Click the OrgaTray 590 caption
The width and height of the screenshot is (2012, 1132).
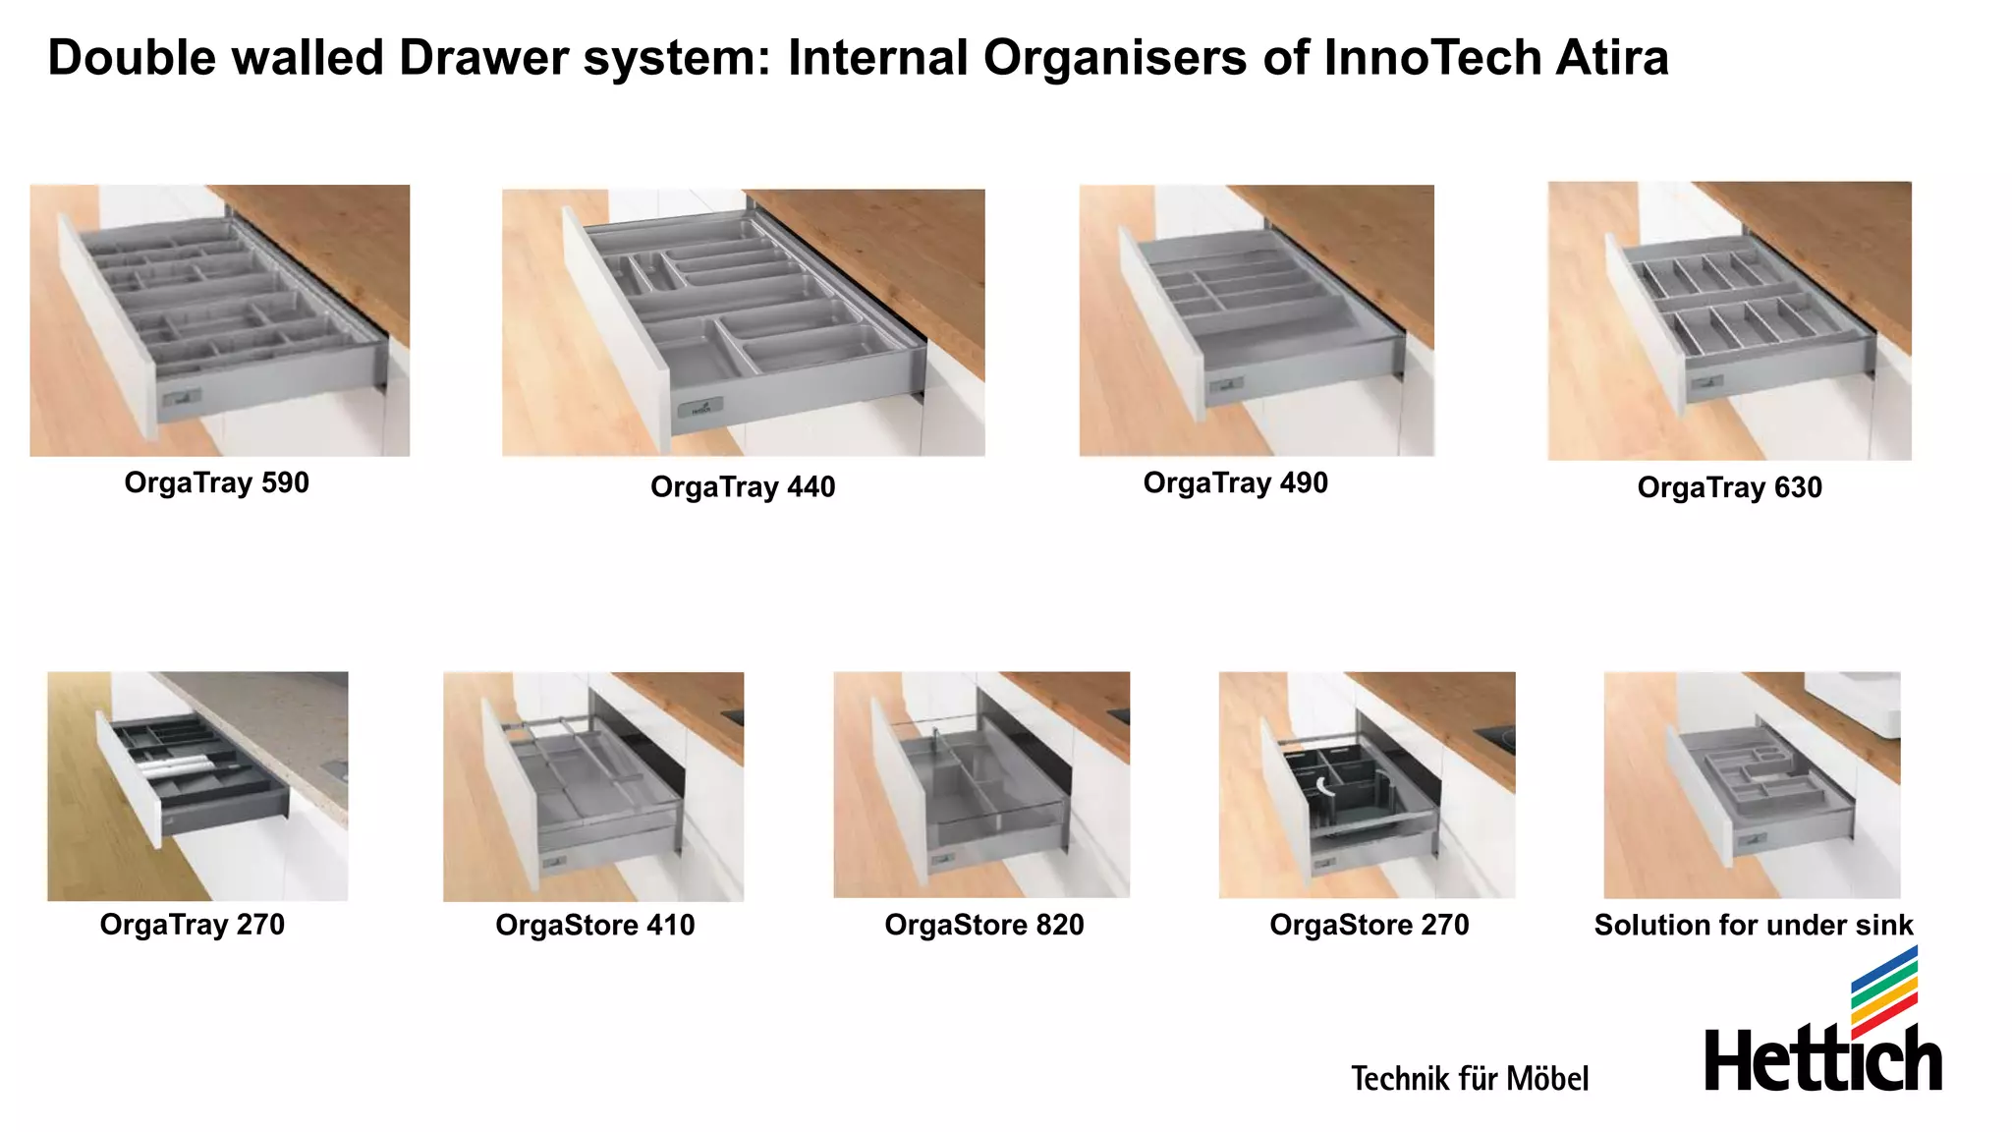pyautogui.click(x=216, y=482)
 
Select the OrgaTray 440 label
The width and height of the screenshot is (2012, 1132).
pyautogui.click(x=743, y=486)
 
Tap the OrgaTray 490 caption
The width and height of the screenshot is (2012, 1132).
pyautogui.click(x=1235, y=482)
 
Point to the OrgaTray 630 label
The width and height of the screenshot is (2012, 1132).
pyautogui.click(x=1729, y=487)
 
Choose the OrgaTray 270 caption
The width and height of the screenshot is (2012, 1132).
pyautogui.click(x=193, y=925)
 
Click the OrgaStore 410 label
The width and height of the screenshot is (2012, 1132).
pyautogui.click(x=594, y=925)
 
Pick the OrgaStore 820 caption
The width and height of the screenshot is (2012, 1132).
pyautogui.click(x=983, y=925)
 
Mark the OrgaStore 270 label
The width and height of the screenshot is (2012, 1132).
pyautogui.click(x=1369, y=925)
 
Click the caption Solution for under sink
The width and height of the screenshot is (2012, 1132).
pyautogui.click(x=1753, y=925)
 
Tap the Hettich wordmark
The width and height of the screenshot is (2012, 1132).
pyautogui.click(x=1822, y=1060)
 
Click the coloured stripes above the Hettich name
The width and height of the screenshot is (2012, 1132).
pyautogui.click(x=1883, y=990)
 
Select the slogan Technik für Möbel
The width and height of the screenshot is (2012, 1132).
pyautogui.click(x=1469, y=1078)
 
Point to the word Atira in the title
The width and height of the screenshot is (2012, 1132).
pyautogui.click(x=1611, y=57)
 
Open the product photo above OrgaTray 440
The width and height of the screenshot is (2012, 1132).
pyautogui.click(x=743, y=322)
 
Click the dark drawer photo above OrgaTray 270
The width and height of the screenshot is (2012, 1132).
pyautogui.click(x=197, y=786)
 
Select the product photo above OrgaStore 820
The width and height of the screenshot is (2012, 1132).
pyautogui.click(x=981, y=784)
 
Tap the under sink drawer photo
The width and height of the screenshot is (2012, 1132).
pyautogui.click(x=1752, y=784)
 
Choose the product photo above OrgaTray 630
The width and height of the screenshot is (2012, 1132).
pyautogui.click(x=1729, y=320)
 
